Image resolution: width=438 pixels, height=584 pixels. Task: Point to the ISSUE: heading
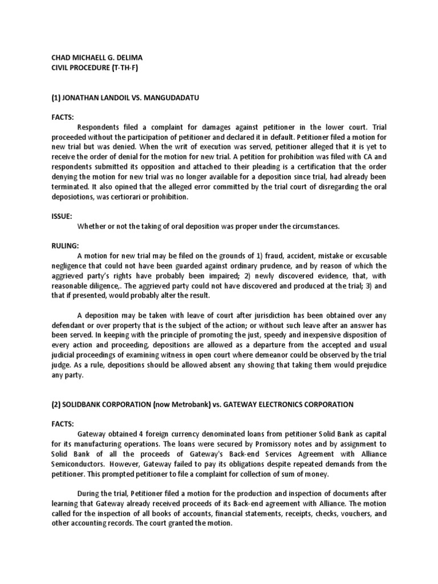pyautogui.click(x=61, y=216)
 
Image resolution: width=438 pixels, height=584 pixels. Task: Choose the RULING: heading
pyautogui.click(x=63, y=246)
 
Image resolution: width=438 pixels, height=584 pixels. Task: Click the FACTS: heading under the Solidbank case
pyautogui.click(x=62, y=424)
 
